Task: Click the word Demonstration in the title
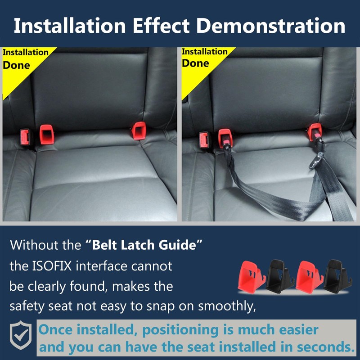[x=272, y=26]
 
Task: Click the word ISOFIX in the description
[x=56, y=266]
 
